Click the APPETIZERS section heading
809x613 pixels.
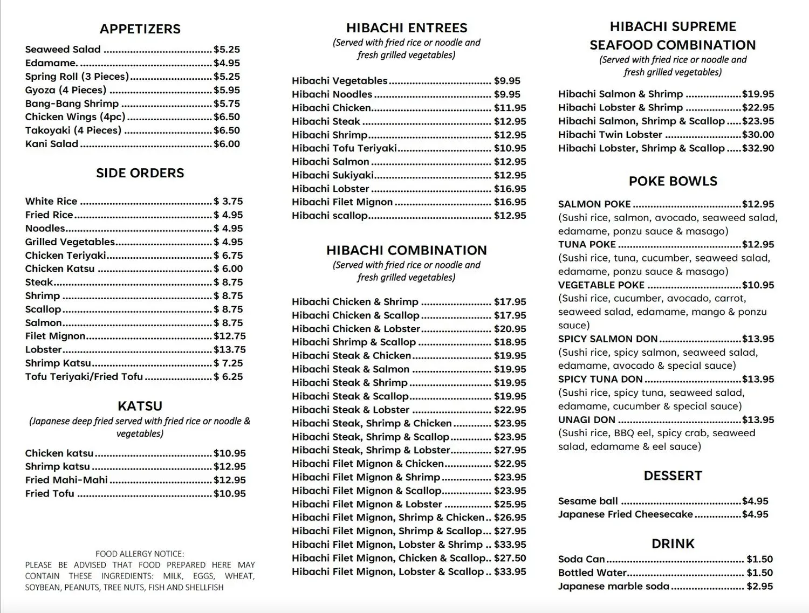point(140,29)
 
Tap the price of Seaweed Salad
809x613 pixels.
point(227,50)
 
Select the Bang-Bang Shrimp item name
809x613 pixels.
point(72,104)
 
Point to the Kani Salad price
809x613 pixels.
point(227,144)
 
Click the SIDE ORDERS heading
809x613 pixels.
point(140,173)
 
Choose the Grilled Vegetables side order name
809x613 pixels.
point(70,242)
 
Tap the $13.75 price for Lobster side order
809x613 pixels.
point(229,349)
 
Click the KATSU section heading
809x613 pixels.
point(140,406)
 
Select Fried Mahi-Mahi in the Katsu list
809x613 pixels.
point(66,480)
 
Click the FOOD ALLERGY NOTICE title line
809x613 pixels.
point(140,554)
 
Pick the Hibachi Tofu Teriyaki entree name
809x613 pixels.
point(344,148)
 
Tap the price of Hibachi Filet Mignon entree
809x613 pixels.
point(510,202)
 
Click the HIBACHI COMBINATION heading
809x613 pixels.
point(406,250)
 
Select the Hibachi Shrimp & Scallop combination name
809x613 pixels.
point(354,342)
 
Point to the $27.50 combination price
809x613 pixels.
point(510,558)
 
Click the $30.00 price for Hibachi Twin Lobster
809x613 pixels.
point(758,135)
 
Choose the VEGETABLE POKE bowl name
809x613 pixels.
point(601,285)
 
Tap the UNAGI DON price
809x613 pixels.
point(758,420)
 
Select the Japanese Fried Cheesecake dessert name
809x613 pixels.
point(625,514)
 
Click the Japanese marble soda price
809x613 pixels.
point(759,586)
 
